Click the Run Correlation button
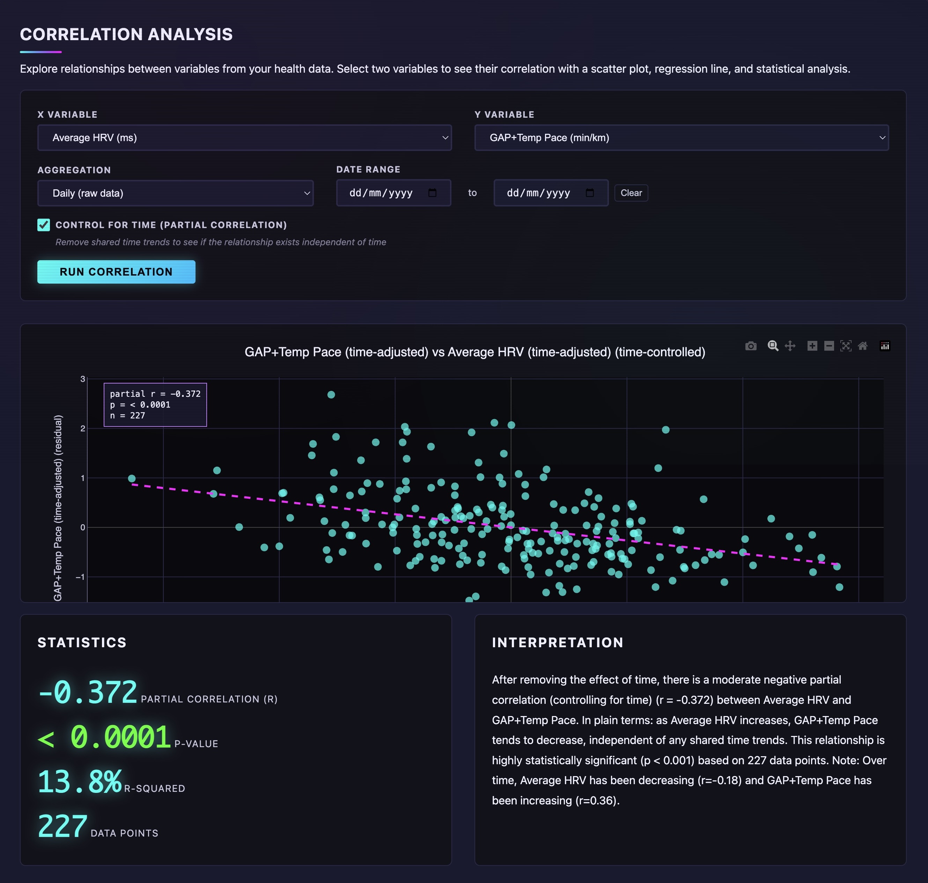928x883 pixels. pos(116,272)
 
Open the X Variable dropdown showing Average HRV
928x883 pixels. pos(244,137)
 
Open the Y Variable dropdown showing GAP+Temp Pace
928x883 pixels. pos(681,137)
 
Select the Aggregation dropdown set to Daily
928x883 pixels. pos(175,193)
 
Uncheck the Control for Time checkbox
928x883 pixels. pos(44,225)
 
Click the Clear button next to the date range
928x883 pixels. pos(631,193)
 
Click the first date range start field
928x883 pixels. pos(381,193)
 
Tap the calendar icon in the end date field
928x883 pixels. pos(590,193)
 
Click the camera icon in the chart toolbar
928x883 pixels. pos(751,346)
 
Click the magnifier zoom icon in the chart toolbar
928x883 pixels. pos(773,346)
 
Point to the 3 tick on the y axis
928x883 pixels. pos(83,379)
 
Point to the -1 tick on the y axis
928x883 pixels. pos(80,577)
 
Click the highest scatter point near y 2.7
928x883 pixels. pos(331,394)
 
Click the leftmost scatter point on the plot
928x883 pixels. pos(132,478)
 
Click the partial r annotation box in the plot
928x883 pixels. pos(155,405)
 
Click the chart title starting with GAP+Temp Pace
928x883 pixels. pos(474,352)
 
